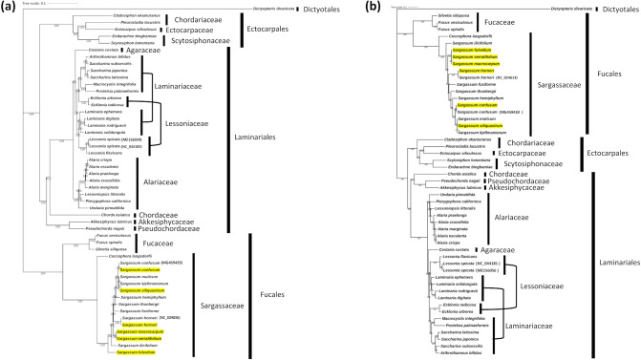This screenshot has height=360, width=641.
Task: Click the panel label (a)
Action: point(9,6)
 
